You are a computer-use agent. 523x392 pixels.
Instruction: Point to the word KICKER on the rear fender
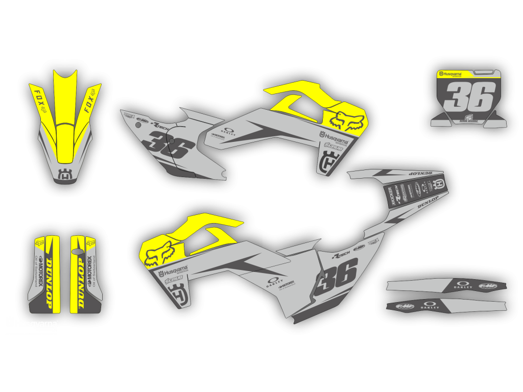click(392, 196)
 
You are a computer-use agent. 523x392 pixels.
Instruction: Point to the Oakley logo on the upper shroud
click(229, 132)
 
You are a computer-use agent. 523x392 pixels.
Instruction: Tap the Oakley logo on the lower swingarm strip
click(430, 306)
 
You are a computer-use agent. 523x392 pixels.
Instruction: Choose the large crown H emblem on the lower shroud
click(178, 296)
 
